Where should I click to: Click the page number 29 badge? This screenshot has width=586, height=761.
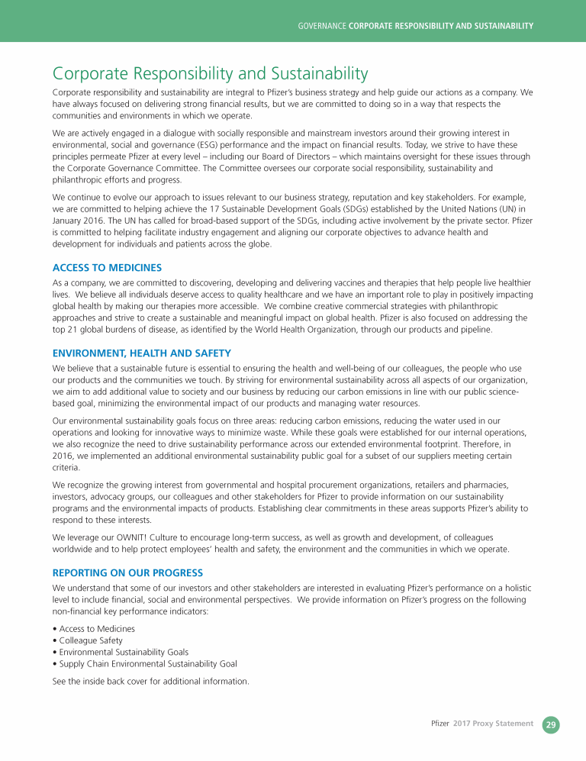[x=551, y=724]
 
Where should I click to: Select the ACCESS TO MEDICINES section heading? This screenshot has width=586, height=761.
[x=107, y=267]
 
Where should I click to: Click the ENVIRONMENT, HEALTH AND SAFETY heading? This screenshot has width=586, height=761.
[x=141, y=353]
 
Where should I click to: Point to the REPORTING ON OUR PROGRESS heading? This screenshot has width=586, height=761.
[x=128, y=572]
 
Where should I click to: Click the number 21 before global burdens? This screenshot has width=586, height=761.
[x=74, y=330]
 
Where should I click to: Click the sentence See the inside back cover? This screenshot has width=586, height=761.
[x=150, y=681]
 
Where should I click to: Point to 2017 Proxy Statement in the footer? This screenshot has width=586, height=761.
[x=493, y=724]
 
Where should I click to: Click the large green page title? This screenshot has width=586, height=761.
[x=210, y=74]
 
